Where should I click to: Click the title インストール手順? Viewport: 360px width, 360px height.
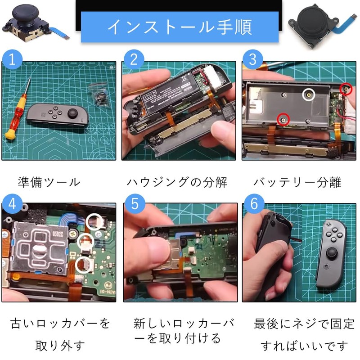coord(180,27)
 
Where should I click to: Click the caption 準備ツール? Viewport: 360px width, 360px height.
coord(49,182)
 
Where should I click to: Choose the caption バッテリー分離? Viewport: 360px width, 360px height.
coord(297,182)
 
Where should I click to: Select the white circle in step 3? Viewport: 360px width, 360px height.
coord(309,94)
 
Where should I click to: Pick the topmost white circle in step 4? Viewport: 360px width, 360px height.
coord(94,220)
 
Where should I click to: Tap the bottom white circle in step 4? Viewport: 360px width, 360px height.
coord(82,264)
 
